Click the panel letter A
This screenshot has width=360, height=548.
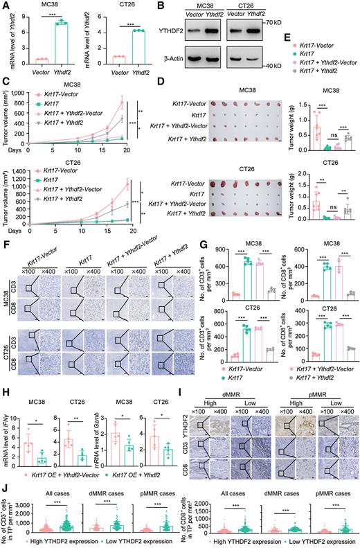[6, 6]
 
